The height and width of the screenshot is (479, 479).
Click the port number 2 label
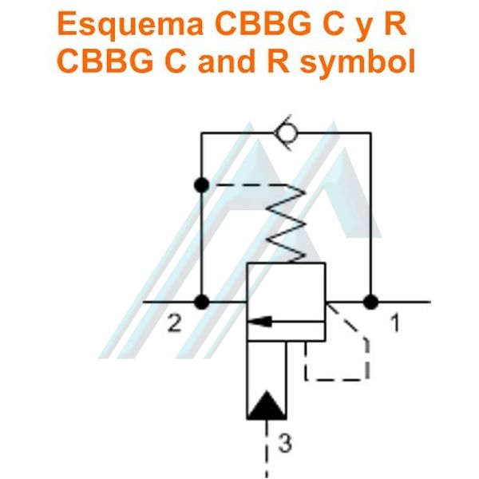pyautogui.click(x=175, y=324)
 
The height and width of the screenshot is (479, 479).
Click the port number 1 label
pyautogui.click(x=395, y=324)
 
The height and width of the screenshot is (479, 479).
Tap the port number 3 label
pyautogui.click(x=285, y=443)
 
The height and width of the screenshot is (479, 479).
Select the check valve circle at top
pyautogui.click(x=287, y=133)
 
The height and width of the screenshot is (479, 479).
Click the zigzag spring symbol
pyautogui.click(x=286, y=224)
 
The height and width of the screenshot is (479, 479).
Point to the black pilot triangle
pyautogui.click(x=267, y=405)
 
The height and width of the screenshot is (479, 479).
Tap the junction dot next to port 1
pyautogui.click(x=371, y=302)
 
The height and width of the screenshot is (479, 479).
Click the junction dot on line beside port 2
pyautogui.click(x=202, y=302)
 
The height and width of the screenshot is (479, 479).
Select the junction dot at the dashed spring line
pyautogui.click(x=202, y=185)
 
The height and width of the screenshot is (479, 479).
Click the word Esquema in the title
pyautogui.click(x=130, y=25)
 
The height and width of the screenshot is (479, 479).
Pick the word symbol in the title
pyautogui.click(x=358, y=61)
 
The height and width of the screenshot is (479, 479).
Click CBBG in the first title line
pyautogui.click(x=263, y=23)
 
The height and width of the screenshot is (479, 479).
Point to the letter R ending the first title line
pyautogui.click(x=395, y=23)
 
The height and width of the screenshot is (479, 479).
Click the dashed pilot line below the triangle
pyautogui.click(x=267, y=449)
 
